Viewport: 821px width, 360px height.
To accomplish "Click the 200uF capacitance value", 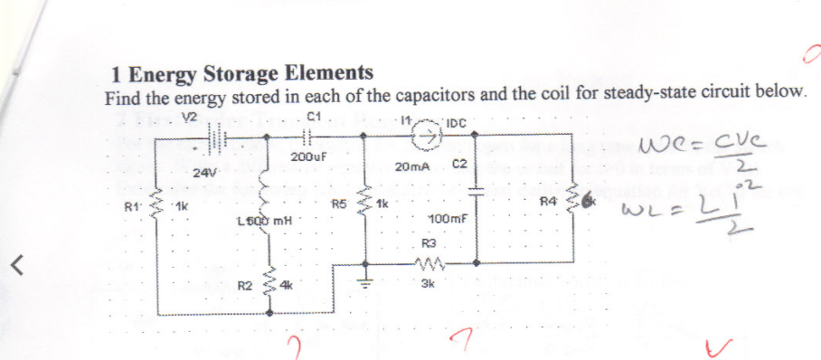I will pos(308,156).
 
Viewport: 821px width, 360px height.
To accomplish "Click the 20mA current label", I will pos(413,167).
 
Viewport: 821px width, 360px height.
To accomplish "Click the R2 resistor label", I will pos(244,285).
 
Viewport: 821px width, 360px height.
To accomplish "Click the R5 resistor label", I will pos(340,204).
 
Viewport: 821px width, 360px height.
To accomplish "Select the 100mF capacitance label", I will pos(448,220).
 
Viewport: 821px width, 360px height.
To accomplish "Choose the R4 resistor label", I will pos(548,200).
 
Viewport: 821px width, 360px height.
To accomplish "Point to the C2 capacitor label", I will pos(458,165).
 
